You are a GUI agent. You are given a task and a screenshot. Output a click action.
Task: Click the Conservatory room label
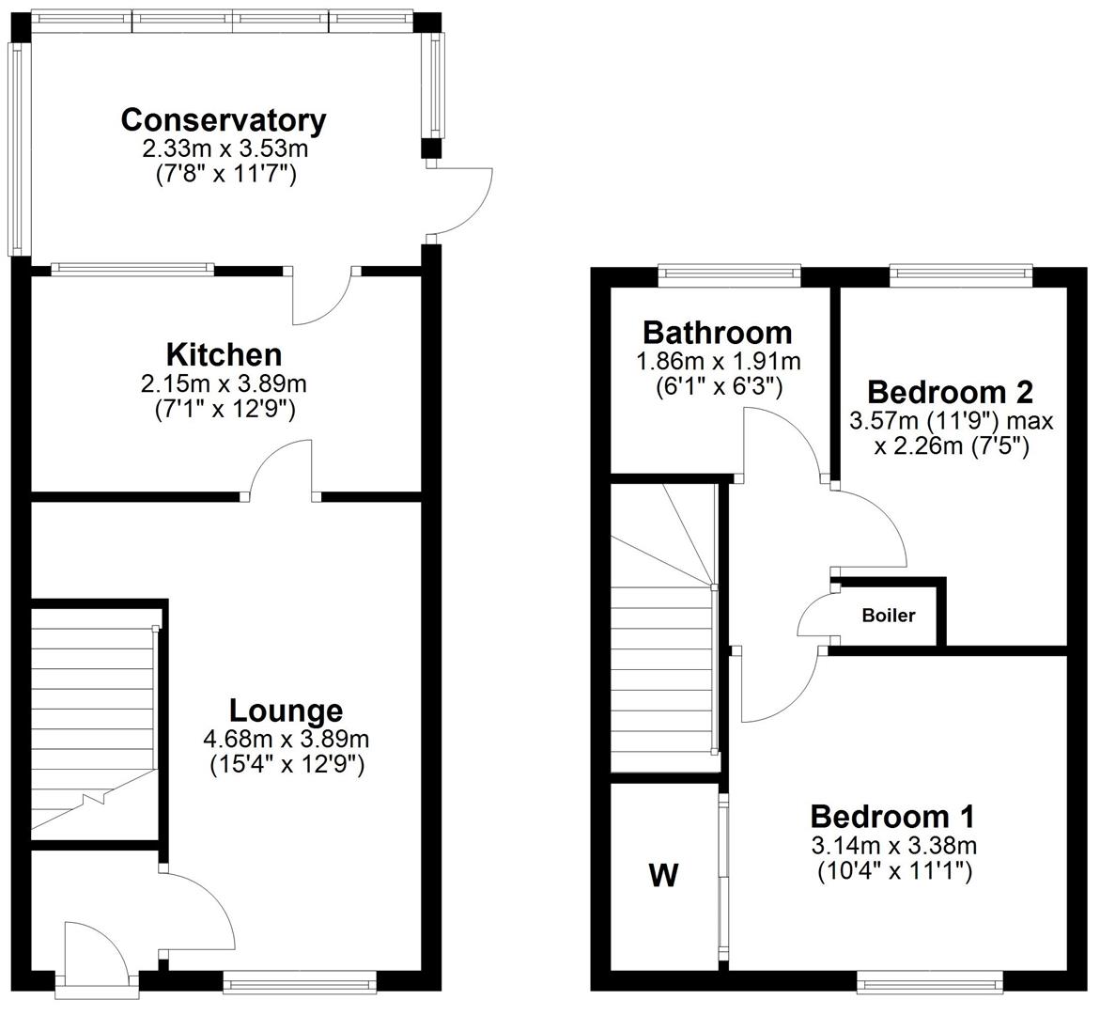coord(224,120)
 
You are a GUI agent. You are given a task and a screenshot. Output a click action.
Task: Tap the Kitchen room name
coord(224,355)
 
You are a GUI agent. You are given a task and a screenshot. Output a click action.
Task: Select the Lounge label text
coord(287,710)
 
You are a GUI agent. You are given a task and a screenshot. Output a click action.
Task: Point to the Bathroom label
coord(717,333)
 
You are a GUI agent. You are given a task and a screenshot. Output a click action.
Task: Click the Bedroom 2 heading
coord(950,391)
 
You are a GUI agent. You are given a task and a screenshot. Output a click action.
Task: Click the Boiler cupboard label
coord(888,617)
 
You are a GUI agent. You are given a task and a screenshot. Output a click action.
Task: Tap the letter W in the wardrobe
coord(663,876)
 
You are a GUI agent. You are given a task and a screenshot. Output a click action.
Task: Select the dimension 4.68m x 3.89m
coord(287,739)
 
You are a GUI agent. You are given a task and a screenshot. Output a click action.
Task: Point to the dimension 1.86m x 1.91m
coord(717,361)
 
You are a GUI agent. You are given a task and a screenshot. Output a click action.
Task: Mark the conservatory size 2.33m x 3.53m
coord(224,148)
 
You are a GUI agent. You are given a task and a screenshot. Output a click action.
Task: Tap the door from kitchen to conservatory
coord(323,296)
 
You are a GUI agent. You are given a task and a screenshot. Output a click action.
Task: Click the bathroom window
coord(729,275)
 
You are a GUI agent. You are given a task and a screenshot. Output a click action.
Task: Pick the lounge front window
coord(300,984)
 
